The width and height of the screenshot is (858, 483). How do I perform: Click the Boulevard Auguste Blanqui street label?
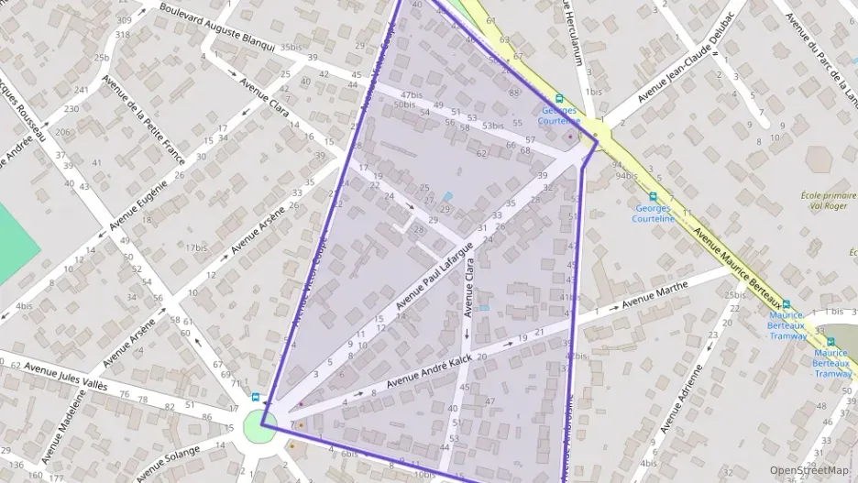[x=216, y=27]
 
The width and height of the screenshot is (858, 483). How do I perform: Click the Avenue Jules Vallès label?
[x=66, y=376]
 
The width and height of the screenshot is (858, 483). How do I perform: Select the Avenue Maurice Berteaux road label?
[x=742, y=267]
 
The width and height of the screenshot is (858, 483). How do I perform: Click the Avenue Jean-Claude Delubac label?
[x=687, y=56]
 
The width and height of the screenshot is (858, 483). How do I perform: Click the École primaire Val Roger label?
[x=829, y=201]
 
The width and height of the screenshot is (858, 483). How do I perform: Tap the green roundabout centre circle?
[x=260, y=426]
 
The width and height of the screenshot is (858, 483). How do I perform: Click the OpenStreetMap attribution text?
[x=809, y=469]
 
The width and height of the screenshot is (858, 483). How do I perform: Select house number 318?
[x=122, y=35]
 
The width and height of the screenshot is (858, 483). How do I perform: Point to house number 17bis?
[x=196, y=247]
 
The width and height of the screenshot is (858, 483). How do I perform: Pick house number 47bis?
[x=412, y=94]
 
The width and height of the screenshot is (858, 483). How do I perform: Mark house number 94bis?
[x=626, y=175]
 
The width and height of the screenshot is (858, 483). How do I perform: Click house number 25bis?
[x=734, y=294]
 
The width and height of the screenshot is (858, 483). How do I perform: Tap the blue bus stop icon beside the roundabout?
[x=256, y=398]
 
